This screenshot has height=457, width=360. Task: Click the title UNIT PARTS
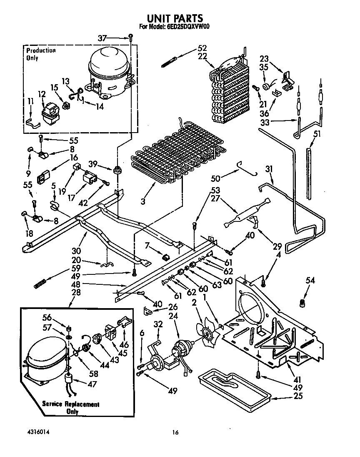pyautogui.click(x=175, y=18)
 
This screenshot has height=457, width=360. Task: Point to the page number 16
pyautogui.click(x=176, y=433)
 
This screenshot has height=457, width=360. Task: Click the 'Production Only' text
pyautogui.click(x=40, y=54)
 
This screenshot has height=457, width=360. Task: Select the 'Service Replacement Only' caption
pyautogui.click(x=70, y=408)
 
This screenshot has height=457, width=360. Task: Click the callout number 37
pyautogui.click(x=102, y=38)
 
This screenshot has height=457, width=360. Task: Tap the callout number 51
pyautogui.click(x=317, y=133)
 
